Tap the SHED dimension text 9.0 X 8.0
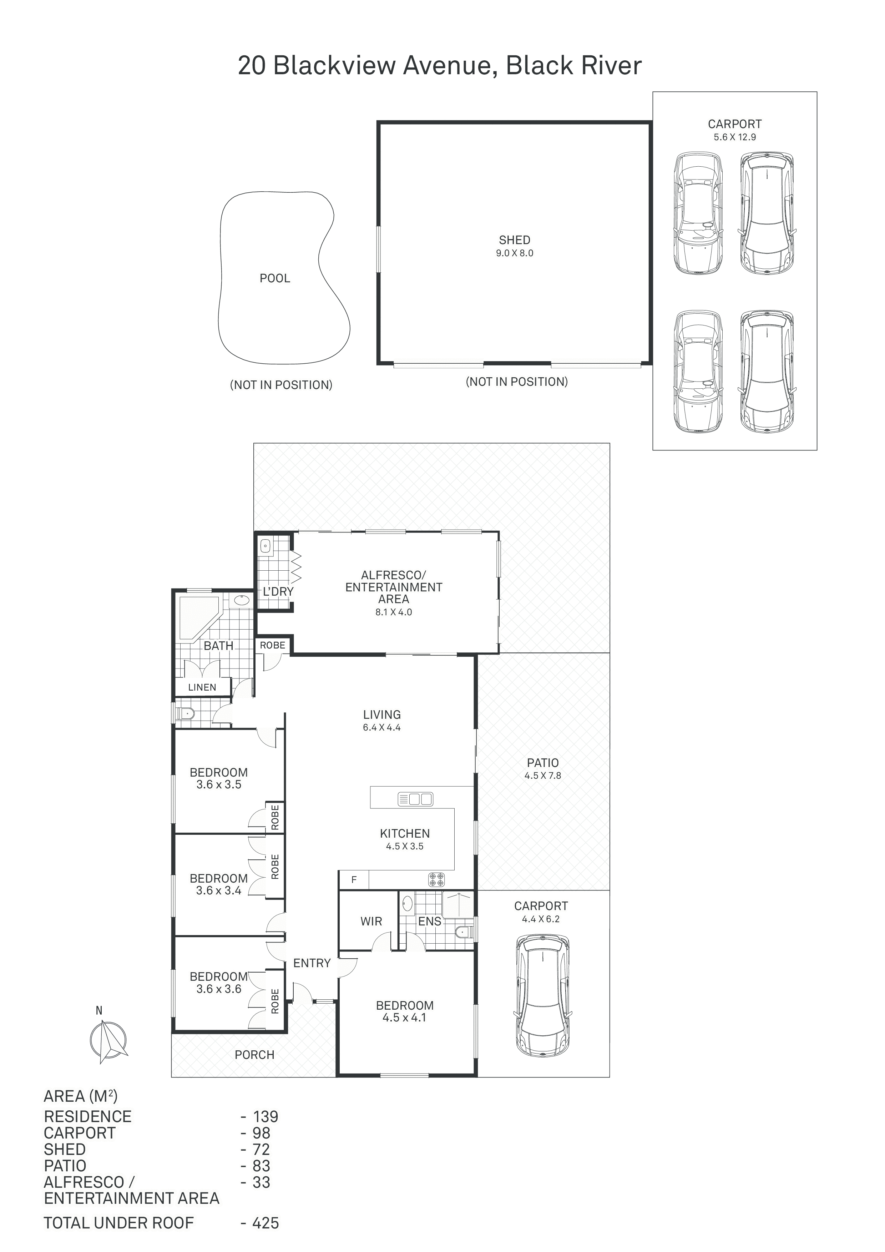pos(514,253)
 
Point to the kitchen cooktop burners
pos(436,879)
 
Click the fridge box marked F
pos(354,879)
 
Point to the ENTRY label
pos(312,963)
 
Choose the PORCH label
pos(254,1055)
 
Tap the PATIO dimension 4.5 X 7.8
pos(542,776)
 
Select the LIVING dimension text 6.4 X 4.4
pos(382,727)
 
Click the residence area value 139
pos(265,1116)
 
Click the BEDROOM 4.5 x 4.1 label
pos(405,1011)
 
